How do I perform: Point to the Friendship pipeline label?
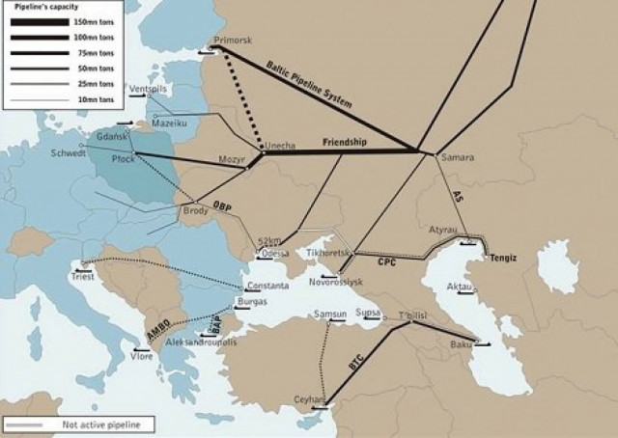pyautogui.click(x=344, y=142)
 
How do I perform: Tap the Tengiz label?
pyautogui.click(x=503, y=259)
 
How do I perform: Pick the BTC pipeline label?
pyautogui.click(x=355, y=366)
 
